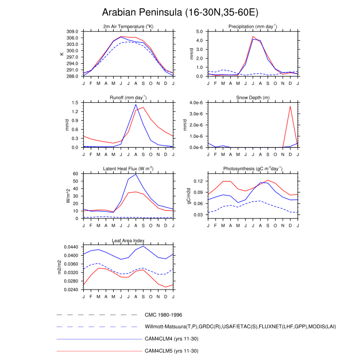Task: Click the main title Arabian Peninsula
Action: coord(179,12)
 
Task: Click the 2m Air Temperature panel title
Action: coord(128,26)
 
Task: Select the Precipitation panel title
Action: coord(253,26)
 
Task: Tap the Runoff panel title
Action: coord(128,97)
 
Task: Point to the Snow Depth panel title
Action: coord(253,97)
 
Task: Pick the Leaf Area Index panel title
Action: coord(128,240)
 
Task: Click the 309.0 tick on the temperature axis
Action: coord(73,31)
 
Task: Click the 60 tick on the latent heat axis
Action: coord(77,174)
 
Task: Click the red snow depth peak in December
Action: coord(290,106)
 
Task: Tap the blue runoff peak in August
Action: coord(136,104)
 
